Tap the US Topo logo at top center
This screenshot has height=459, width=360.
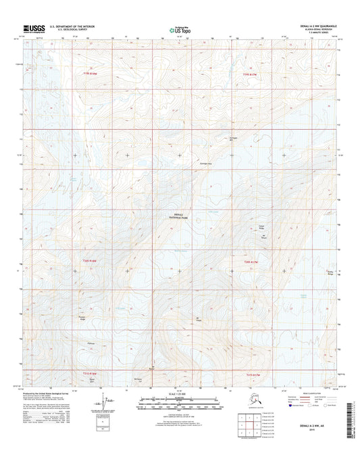tap(180, 30)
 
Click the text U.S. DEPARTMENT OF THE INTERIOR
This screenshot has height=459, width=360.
tap(68, 26)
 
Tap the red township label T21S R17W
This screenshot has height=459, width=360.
tap(254, 374)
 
